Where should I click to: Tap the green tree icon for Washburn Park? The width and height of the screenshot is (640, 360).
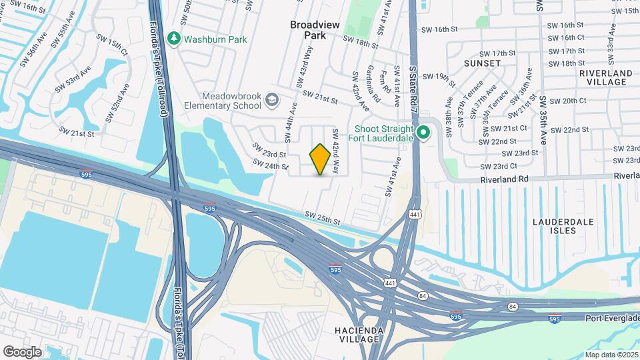(x=175, y=39)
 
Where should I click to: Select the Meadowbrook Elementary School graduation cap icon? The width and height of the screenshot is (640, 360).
(x=271, y=101)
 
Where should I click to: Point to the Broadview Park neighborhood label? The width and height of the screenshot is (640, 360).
(x=315, y=29)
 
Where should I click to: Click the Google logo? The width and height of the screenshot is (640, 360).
(x=22, y=351)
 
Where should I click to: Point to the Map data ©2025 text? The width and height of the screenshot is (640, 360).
(x=611, y=355)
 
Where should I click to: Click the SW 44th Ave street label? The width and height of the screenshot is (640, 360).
(x=291, y=121)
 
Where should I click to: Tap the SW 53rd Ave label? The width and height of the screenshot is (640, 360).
(x=73, y=79)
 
